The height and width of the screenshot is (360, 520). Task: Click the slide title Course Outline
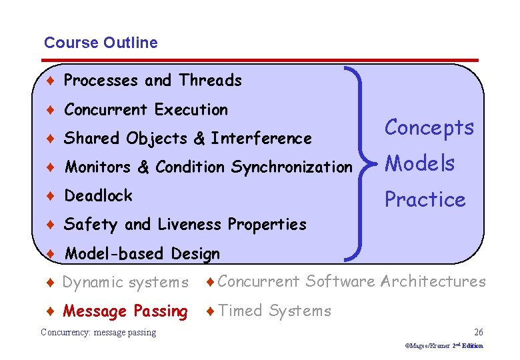(101, 43)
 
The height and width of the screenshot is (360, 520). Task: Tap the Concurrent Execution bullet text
(146, 109)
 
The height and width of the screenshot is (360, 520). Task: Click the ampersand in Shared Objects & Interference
(199, 139)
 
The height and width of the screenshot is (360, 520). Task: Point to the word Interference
(261, 139)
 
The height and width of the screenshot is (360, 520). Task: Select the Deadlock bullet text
(98, 196)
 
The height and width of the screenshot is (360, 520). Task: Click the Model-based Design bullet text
(142, 254)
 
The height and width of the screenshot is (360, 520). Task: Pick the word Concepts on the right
(429, 127)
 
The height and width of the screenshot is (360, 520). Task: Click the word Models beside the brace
(420, 163)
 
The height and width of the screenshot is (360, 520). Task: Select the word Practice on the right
(425, 199)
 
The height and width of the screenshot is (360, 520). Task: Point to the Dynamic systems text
(125, 283)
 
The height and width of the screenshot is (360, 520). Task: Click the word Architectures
(433, 281)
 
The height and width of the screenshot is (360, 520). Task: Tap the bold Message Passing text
(125, 311)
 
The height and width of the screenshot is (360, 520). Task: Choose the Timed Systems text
(274, 311)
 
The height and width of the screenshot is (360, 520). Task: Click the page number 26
(478, 332)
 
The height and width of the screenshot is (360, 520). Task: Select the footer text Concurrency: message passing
(98, 332)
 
